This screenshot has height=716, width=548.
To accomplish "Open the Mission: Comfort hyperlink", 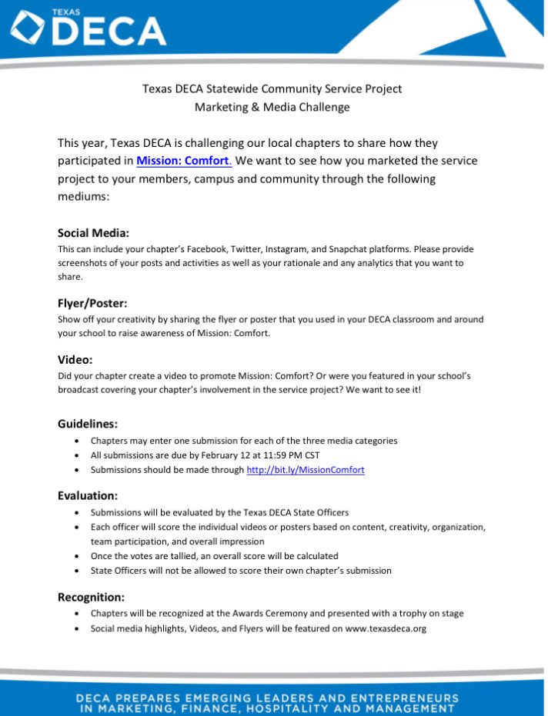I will (183, 161).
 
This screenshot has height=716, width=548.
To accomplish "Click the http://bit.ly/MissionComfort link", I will (305, 469).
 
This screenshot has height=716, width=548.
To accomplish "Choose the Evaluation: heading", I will (88, 495).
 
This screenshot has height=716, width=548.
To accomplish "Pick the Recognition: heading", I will (91, 596).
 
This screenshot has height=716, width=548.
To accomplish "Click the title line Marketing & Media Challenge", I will (272, 107).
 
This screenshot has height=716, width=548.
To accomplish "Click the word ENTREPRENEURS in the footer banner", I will (394, 698).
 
